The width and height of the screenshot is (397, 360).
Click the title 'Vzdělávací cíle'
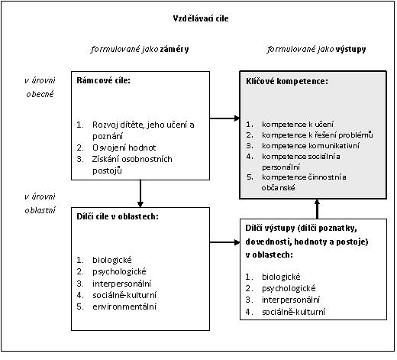201,18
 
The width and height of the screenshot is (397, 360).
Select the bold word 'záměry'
174,49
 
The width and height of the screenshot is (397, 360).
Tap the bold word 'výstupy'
350,50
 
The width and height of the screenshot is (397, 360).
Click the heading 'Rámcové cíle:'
103,80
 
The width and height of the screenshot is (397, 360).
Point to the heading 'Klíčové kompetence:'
287,81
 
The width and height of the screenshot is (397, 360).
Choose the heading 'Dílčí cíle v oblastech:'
118,216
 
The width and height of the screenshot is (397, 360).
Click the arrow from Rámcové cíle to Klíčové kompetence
224,118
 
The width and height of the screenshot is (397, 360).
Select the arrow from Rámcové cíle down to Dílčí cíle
140,193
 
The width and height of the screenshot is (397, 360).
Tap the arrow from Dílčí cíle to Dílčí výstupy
224,242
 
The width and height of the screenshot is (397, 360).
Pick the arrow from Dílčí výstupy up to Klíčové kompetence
317,209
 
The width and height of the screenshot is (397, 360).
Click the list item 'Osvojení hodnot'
124,148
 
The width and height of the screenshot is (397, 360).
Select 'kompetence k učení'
298,125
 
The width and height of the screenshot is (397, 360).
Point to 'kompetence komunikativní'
311,146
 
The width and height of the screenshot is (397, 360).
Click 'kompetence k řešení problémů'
318,135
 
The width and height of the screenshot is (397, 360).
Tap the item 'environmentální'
124,306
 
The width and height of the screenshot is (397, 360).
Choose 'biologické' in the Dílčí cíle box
112,260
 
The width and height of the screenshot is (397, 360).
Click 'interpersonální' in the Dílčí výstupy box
291,300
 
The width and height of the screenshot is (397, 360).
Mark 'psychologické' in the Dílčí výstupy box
289,288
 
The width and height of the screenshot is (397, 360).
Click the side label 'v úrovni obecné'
40,87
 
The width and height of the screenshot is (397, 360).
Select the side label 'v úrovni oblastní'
40,203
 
